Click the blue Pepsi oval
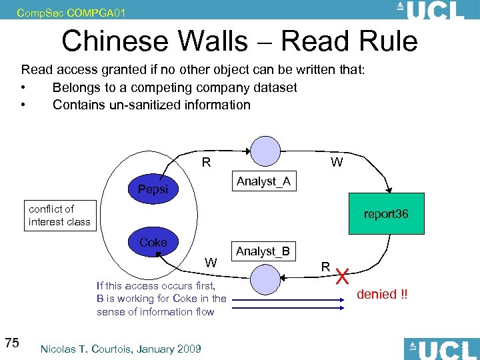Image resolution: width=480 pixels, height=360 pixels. point(153,189)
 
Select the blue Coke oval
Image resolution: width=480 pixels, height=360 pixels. point(153,243)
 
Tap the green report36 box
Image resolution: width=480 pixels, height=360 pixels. point(386,214)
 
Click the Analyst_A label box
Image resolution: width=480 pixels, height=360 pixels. point(263,181)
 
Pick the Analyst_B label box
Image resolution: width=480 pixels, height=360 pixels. point(263,251)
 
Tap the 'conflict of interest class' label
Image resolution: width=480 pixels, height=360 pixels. point(59,215)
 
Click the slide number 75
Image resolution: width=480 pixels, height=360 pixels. point(11,343)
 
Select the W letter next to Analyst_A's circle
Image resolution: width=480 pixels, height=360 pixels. point(337,162)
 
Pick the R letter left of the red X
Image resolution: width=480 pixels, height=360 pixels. point(326,267)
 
